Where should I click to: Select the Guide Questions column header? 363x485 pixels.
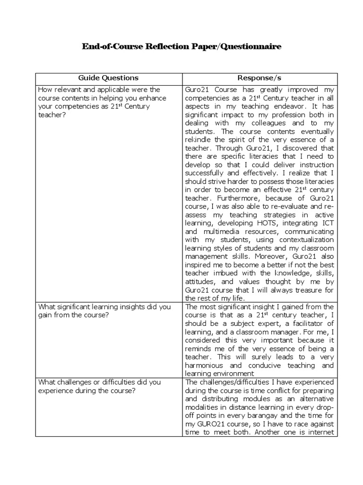pos(108,78)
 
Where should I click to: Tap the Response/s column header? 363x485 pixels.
pos(259,78)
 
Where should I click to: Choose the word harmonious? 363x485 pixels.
pos(205,366)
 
